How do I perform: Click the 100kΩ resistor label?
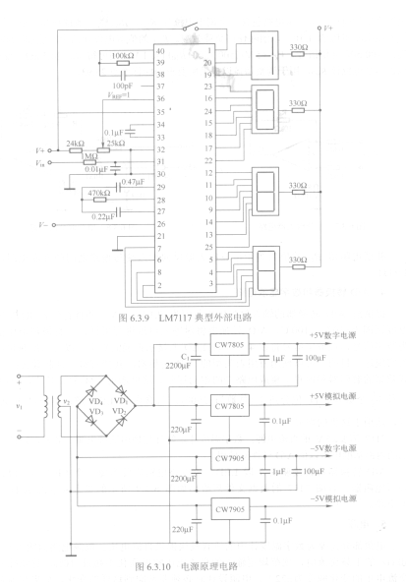(x=123, y=56)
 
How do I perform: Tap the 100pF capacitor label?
(x=123, y=86)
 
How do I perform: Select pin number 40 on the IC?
(x=160, y=51)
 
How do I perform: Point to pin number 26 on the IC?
(x=160, y=224)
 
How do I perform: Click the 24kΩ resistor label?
(x=76, y=144)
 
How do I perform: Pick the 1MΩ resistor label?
(x=89, y=156)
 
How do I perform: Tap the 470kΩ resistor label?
(x=99, y=193)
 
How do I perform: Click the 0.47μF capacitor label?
(x=133, y=182)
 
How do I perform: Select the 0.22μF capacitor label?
(x=103, y=216)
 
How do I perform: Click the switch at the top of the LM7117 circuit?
(x=190, y=28)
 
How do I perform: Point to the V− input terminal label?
(x=43, y=225)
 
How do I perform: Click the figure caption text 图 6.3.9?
(x=134, y=318)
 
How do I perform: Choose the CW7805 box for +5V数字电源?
(x=229, y=344)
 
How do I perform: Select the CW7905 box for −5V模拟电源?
(x=230, y=509)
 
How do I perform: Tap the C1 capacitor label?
(x=185, y=357)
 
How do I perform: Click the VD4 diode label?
(x=95, y=402)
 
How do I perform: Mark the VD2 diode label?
(x=119, y=411)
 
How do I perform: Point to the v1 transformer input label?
(x=20, y=406)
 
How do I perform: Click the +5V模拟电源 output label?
(x=333, y=396)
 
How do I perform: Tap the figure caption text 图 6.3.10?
(x=152, y=567)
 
